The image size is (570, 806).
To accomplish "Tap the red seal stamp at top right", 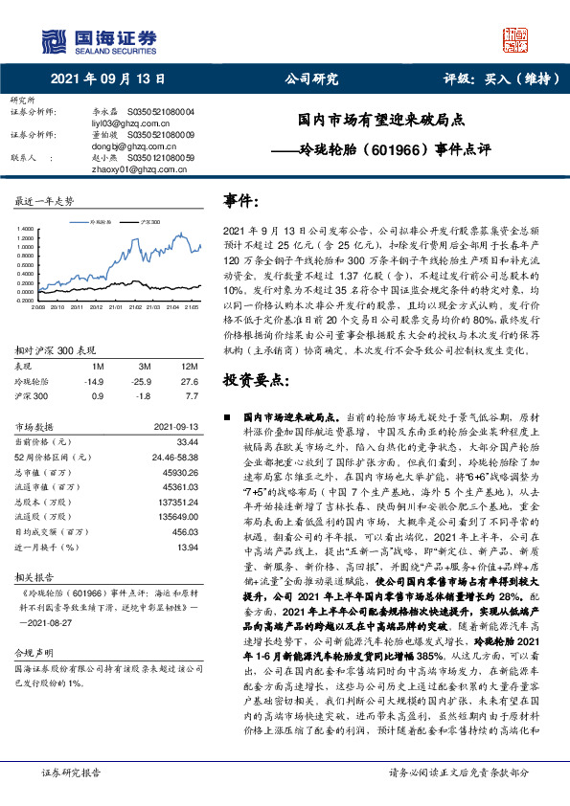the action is pos(514,38).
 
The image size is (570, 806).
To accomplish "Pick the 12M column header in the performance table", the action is pos(190,340).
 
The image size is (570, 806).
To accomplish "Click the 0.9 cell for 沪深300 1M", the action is pos(98,368).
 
